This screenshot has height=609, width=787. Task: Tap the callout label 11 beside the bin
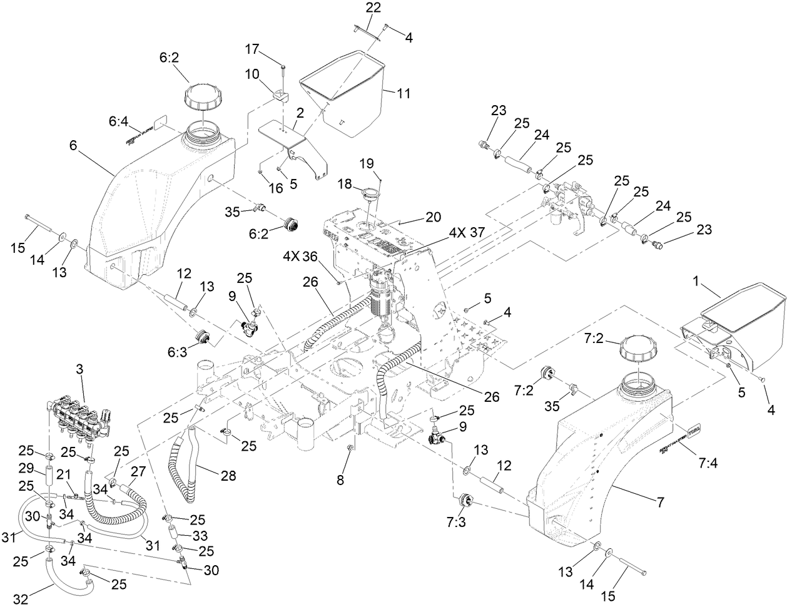404,93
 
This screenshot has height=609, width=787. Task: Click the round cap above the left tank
202,98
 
